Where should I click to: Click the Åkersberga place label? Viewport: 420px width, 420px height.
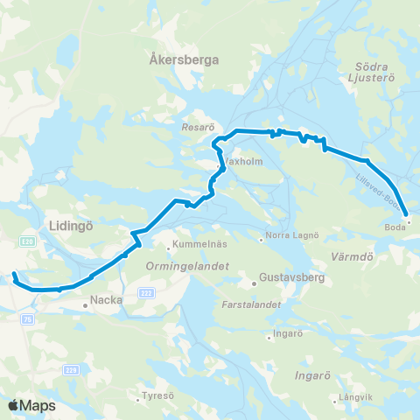click(x=184, y=59)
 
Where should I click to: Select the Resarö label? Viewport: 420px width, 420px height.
click(x=192, y=127)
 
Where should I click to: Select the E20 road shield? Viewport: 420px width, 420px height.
click(x=28, y=241)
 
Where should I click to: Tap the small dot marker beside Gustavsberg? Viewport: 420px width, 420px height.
click(x=254, y=283)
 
